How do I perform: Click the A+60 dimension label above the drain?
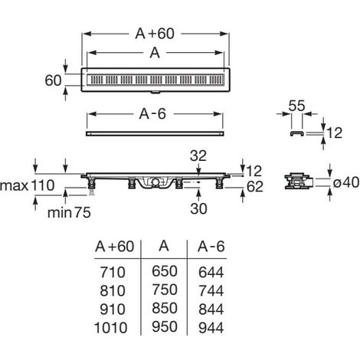(x=155, y=34)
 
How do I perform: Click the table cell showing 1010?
(x=111, y=328)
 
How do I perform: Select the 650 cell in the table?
(x=165, y=271)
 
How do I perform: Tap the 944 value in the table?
(x=211, y=328)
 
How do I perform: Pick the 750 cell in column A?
(x=165, y=290)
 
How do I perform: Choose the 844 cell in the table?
(x=211, y=309)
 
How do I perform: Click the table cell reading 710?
(x=113, y=272)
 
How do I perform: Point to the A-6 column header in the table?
(x=211, y=247)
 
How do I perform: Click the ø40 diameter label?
(x=346, y=182)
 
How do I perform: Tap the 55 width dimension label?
(x=296, y=106)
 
